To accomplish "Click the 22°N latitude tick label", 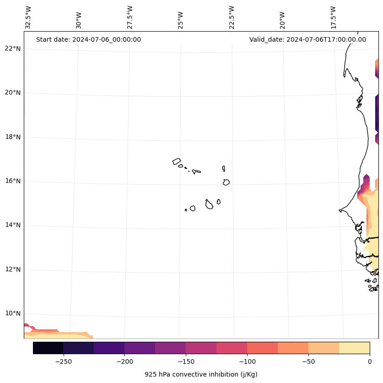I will [13, 49].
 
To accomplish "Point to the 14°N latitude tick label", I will [13, 225].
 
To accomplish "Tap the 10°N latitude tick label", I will [13, 314].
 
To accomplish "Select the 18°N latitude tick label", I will [13, 137].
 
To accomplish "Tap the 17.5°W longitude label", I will [333, 17].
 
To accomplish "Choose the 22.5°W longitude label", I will [232, 17].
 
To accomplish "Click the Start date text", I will [88, 39].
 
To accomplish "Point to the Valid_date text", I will [307, 39].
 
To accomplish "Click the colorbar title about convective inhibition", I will [201, 374].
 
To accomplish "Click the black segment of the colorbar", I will [48, 348].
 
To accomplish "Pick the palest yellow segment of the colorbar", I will [354, 348].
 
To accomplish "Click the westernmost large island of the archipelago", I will [177, 161].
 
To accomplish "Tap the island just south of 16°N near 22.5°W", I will [226, 182].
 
